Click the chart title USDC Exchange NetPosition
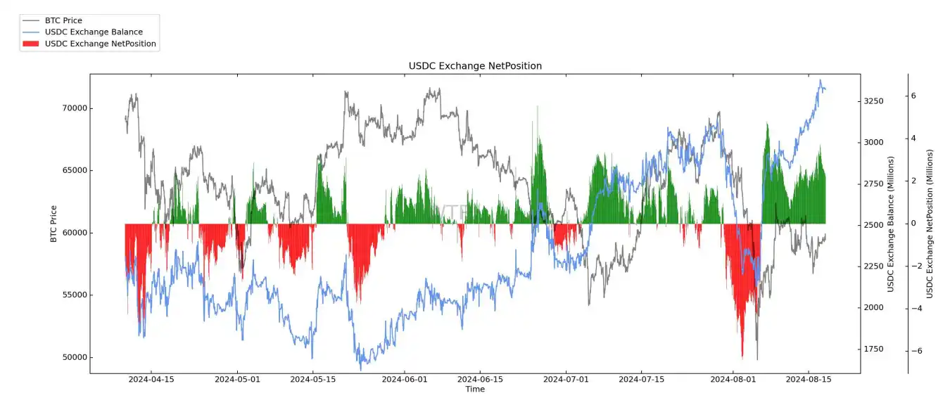[475, 66]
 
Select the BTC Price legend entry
[63, 20]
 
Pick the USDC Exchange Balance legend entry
[93, 32]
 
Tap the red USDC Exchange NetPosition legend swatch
[31, 44]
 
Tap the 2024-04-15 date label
[150, 380]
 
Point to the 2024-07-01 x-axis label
[566, 380]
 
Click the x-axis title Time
[475, 390]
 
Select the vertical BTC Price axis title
[53, 224]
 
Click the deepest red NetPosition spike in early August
[742, 355]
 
